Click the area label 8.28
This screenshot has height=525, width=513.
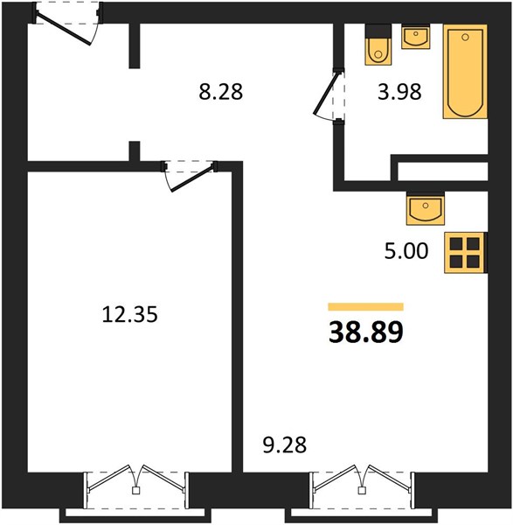221,92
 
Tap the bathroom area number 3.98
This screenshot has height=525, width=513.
399,92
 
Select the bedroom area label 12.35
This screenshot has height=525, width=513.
129,315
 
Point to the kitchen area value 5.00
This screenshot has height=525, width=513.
406,251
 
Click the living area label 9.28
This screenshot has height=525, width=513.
285,445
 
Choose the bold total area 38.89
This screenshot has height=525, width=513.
366,332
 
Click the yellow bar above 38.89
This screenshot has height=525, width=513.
366,307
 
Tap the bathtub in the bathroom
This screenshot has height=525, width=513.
465,72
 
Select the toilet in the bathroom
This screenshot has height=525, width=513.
378,45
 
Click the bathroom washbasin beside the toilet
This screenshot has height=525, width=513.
416,37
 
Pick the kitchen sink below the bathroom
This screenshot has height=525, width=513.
426,208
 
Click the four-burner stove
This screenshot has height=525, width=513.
465,253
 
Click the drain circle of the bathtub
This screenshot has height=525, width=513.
465,37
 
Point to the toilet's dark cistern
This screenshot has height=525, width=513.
378,31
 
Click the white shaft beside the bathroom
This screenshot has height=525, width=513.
443,171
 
